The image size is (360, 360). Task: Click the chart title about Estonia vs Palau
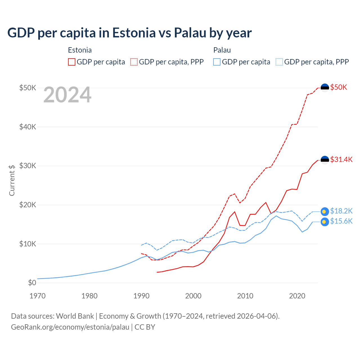pos(129,33)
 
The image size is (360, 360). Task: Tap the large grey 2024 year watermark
pos(67,95)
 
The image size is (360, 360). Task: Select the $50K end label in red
pos(339,87)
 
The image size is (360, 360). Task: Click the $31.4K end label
pos(341,159)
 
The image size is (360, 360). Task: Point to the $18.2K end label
pos(341,211)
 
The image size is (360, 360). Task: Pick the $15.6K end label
pos(341,221)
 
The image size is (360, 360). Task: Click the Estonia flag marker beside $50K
pos(325,88)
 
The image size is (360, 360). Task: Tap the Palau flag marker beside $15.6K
pos(325,222)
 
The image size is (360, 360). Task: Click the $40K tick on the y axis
pos(28,127)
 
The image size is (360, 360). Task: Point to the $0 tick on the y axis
pos(32,283)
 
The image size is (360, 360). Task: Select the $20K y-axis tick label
pos(28,205)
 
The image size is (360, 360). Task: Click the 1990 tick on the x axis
pos(141,296)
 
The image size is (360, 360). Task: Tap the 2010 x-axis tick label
pos(245,296)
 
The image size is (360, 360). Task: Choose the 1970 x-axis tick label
pos(37,296)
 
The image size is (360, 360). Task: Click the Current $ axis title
pos(12,180)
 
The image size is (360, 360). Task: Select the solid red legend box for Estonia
pos(72,62)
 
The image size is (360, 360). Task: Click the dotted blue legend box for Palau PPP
pos(279,62)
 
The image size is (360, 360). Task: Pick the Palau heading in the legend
pos(222,50)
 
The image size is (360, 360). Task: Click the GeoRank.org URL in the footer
pos(70,327)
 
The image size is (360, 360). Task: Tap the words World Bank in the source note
pos(75,316)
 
